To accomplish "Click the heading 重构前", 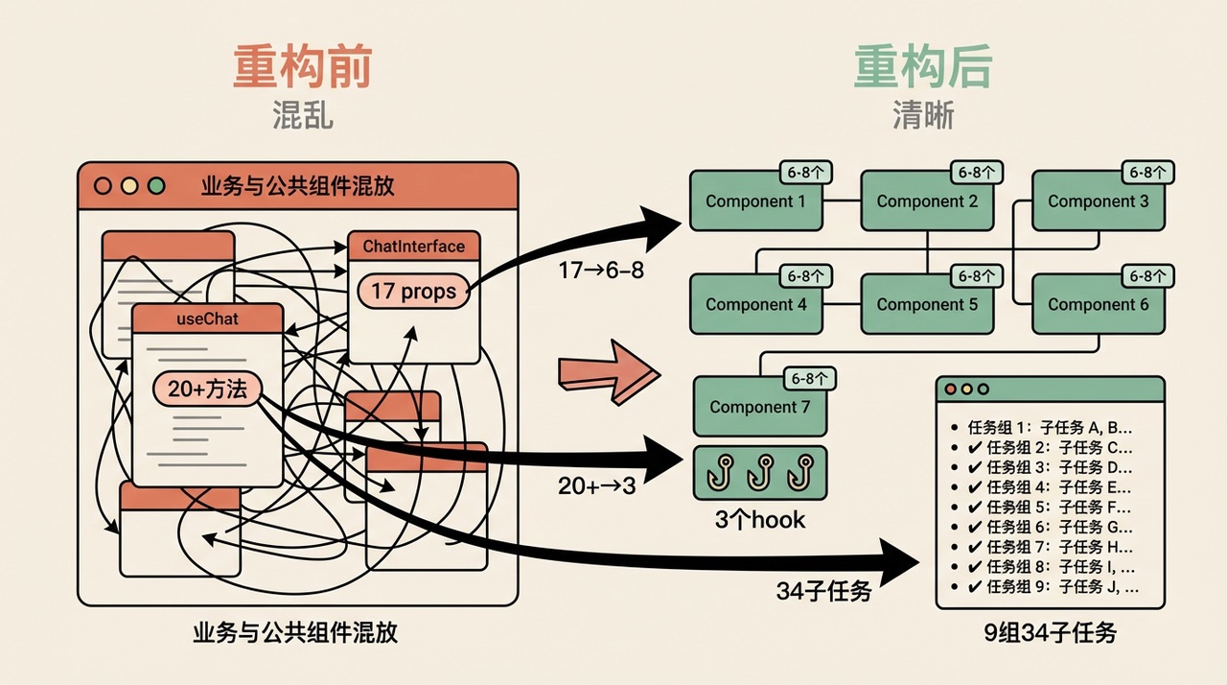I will [x=302, y=67].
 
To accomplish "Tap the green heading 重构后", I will [x=922, y=67].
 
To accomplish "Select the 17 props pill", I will [x=413, y=291].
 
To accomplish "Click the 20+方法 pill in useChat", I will [x=207, y=388].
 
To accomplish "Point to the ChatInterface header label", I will [x=413, y=247].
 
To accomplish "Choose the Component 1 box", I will [x=755, y=201].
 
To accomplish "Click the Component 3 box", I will [x=1098, y=201].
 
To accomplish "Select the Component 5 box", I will [x=927, y=304].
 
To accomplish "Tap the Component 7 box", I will [x=759, y=407].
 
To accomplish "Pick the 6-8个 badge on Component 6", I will [x=1148, y=276].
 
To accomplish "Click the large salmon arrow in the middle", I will [x=608, y=370].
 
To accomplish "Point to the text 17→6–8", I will [x=601, y=272].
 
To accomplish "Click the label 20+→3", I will [x=596, y=486].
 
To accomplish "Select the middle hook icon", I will [x=760, y=470].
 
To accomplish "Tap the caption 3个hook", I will [x=760, y=520].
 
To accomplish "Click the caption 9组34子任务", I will [x=1050, y=633].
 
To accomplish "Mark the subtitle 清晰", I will [x=922, y=116].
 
